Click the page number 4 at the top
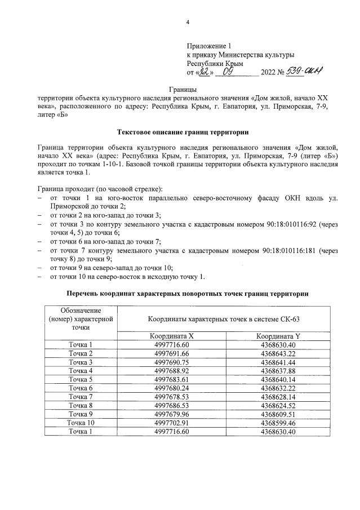pyautogui.click(x=188, y=23)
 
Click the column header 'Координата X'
pyautogui.click(x=175, y=336)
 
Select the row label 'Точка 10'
pyautogui.click(x=81, y=423)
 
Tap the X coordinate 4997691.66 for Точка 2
pyautogui.click(x=175, y=353)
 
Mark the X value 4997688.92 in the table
pyautogui.click(x=175, y=371)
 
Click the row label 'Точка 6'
pyautogui.click(x=81, y=388)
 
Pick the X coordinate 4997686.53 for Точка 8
pyautogui.click(x=175, y=405)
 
